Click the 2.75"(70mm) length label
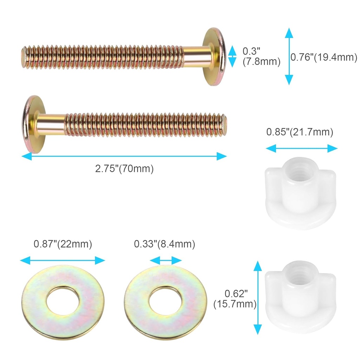tap(124, 169)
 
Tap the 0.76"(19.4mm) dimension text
tap(324, 57)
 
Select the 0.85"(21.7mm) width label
tap(300, 133)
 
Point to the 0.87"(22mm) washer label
tap(63, 244)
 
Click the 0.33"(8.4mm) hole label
tap(164, 244)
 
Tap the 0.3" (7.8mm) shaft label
tap(261, 57)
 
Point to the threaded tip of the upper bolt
tap(24, 57)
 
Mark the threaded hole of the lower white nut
tap(298, 270)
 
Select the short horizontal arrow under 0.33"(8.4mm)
tap(166, 261)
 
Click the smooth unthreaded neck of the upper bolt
tap(195, 57)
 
